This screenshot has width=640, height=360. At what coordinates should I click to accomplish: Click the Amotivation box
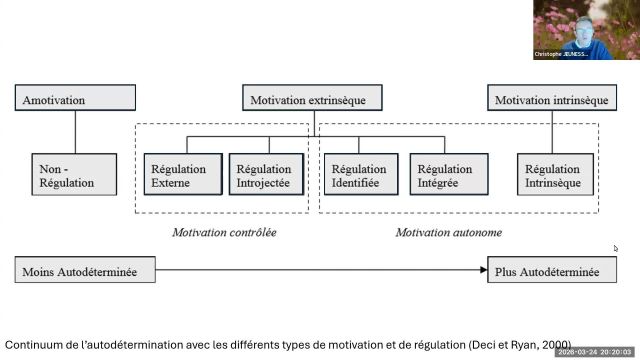[x=76, y=100]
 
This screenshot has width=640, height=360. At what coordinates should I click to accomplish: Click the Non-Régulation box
[x=66, y=176]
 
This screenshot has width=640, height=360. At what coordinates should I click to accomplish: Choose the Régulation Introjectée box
[x=264, y=176]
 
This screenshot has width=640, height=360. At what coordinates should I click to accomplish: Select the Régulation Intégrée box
[x=445, y=176]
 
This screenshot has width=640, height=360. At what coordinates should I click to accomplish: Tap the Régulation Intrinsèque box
[x=551, y=176]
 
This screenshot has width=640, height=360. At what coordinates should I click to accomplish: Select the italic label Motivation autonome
[x=448, y=232]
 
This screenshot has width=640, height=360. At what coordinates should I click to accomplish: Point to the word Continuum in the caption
[x=36, y=343]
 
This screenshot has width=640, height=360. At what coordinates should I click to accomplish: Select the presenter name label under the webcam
[x=561, y=54]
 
